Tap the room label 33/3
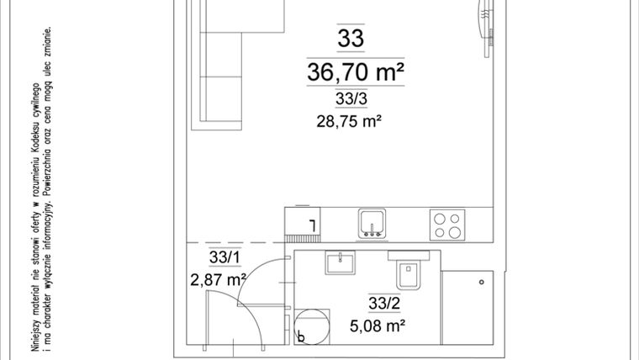pos(351,100)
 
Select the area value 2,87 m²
pos(219,278)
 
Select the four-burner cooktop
pos(446,223)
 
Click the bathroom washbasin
pos(341,262)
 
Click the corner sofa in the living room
pos(220,67)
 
